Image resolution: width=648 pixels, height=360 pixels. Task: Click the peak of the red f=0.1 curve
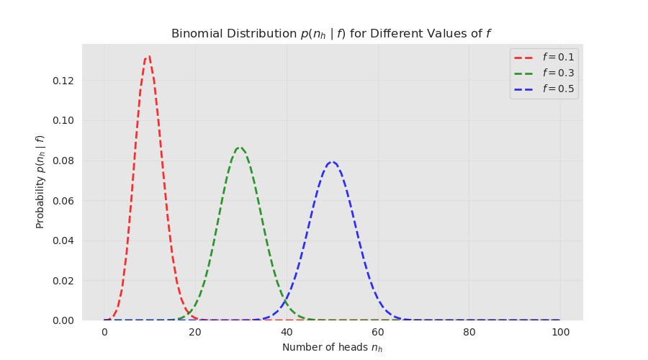pos(149,56)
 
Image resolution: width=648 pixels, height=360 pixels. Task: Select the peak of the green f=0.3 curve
pos(240,148)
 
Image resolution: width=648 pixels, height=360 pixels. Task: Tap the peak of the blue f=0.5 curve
pos(332,162)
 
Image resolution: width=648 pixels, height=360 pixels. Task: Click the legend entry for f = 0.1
pos(558,58)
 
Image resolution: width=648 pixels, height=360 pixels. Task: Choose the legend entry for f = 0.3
pos(558,73)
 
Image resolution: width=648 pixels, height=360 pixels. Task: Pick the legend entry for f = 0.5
pos(558,89)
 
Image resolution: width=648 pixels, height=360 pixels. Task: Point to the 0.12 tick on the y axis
pos(63,80)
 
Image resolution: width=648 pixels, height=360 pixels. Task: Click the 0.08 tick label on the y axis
pos(63,161)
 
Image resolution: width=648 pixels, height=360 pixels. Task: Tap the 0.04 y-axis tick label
pos(63,240)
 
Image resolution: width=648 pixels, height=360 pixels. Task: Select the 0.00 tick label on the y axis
pos(63,320)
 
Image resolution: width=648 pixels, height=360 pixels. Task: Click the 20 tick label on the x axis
pos(196,333)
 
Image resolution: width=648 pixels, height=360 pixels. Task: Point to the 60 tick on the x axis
pos(378,333)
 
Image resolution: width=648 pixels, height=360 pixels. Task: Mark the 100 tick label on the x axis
pos(560,333)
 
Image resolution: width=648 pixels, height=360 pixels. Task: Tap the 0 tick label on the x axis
pos(104,333)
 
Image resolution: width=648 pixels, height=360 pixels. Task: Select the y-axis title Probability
pos(41,181)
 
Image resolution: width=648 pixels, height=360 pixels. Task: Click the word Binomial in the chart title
pos(195,34)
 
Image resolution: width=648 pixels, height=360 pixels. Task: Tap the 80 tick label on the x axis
pos(469,333)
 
